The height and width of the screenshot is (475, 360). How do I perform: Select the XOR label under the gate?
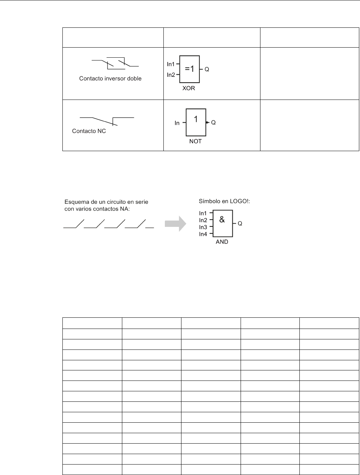point(188,88)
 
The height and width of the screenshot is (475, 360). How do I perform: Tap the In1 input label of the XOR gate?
point(171,64)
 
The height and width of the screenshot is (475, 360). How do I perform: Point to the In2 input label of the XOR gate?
point(171,75)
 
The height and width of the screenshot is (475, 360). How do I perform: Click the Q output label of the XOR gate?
point(207,70)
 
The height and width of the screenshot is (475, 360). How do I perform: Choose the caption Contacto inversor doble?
point(110,79)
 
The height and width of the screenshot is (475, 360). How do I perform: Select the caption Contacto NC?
point(89,131)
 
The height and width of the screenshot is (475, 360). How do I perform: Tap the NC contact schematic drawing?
point(106,120)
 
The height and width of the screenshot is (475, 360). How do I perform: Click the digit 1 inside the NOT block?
point(196,119)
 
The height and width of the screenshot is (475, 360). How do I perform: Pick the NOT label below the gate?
point(196,142)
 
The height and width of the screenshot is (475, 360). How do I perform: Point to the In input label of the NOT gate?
point(177,123)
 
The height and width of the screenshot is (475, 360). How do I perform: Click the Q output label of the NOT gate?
point(213,123)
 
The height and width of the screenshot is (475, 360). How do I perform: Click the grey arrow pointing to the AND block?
point(175,224)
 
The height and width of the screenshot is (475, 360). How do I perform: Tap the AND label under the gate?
point(222,242)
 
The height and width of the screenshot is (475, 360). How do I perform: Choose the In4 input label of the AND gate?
point(203,234)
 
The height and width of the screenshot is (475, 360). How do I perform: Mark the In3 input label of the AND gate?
point(203,227)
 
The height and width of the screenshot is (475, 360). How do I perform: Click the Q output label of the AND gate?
point(240,224)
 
